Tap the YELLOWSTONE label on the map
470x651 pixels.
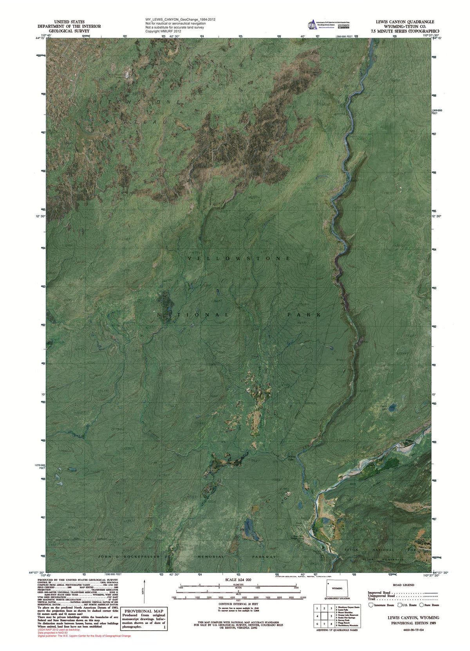tap(239, 259)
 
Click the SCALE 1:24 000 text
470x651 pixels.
tap(237, 579)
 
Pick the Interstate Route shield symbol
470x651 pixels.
tap(371, 605)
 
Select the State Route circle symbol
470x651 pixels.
tap(421, 605)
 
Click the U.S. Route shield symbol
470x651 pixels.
tap(400, 605)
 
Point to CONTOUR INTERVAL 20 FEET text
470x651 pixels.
tap(238, 604)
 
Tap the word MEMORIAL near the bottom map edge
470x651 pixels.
tap(211, 557)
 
